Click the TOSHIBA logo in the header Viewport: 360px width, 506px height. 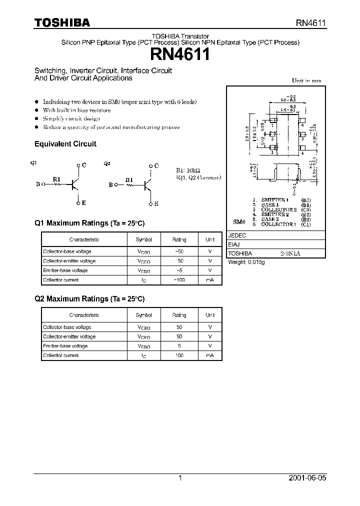pyautogui.click(x=62, y=22)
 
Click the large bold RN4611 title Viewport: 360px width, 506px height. pyautogui.click(x=180, y=54)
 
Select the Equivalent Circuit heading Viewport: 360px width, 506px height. pyautogui.click(x=65, y=144)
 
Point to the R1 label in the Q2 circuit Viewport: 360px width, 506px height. pyautogui.click(x=129, y=179)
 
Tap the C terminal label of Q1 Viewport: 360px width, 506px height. pyautogui.click(x=84, y=165)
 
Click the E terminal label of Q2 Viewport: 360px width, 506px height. pyautogui.click(x=156, y=203)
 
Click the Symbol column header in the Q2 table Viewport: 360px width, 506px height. pyautogui.click(x=143, y=315)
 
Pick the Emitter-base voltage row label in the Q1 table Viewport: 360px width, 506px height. pyautogui.click(x=65, y=270)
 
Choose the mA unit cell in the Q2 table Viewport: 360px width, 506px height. pyautogui.click(x=210, y=355)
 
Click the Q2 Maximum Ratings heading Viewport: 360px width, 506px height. pyautogui.click(x=89, y=299)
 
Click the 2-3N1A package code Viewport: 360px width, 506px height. pyautogui.click(x=290, y=253)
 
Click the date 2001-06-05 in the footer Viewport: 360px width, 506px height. pyautogui.click(x=308, y=478)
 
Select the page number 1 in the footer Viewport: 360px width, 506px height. pyautogui.click(x=180, y=478)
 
